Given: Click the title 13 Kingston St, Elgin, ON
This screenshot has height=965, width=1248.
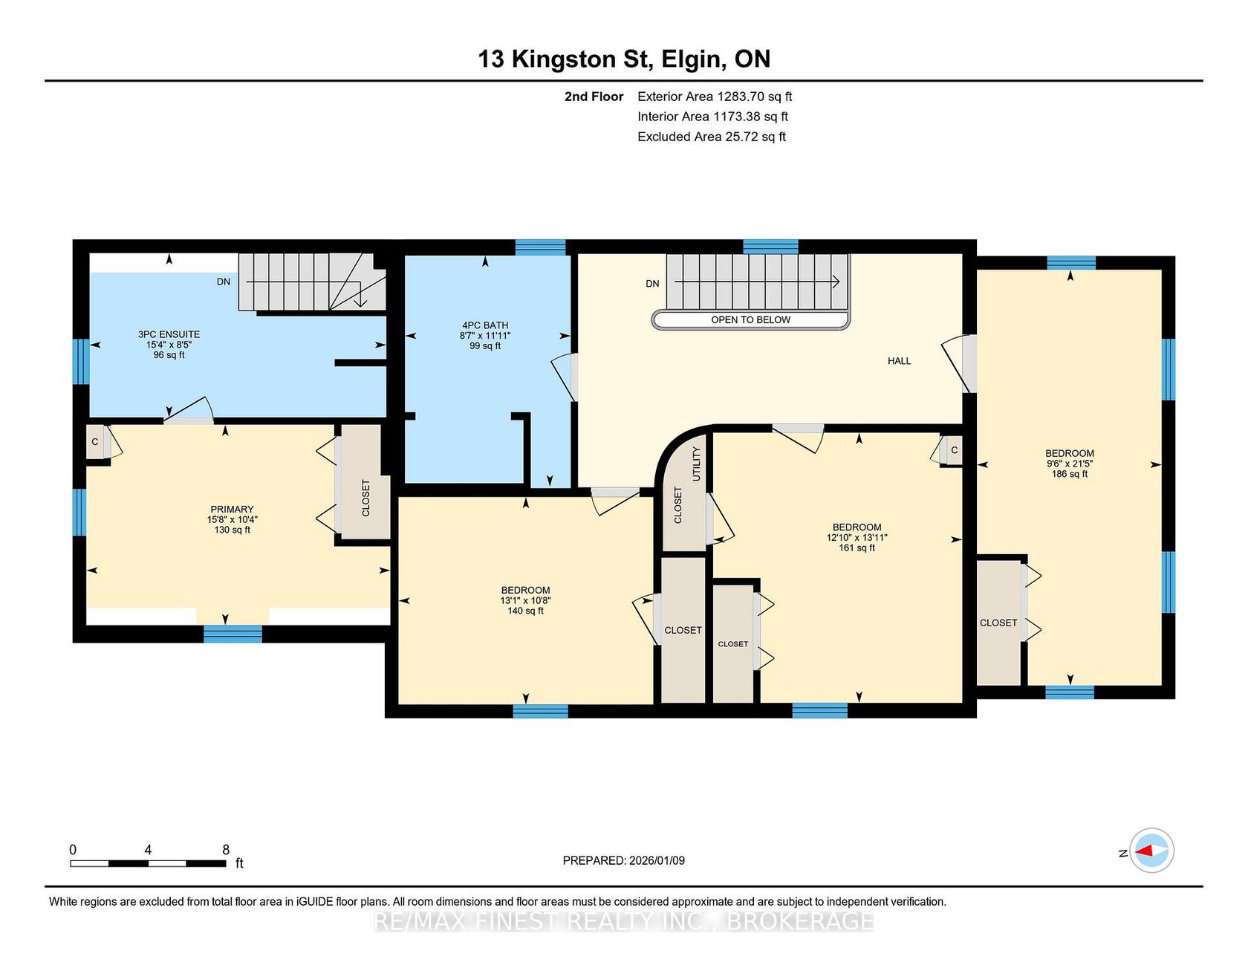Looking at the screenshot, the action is tap(624, 59).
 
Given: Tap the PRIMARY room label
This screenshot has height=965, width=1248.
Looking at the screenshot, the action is tap(232, 510).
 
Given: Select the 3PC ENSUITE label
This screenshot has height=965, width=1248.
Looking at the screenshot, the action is tap(169, 334).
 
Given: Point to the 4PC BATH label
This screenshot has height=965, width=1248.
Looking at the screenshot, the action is tap(485, 325).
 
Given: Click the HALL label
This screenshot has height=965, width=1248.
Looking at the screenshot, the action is tap(899, 361).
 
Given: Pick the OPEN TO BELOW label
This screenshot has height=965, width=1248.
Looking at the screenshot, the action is tap(750, 320).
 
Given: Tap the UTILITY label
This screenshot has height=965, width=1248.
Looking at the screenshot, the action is tap(697, 464).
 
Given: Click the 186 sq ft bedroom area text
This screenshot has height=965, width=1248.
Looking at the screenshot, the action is tap(1070, 474).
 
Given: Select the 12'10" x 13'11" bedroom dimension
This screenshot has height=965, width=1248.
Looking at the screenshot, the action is tap(857, 537).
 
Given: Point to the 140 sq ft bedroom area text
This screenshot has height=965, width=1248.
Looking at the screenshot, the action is tap(525, 611).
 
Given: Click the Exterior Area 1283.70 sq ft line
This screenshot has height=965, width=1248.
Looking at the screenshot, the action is tap(715, 97).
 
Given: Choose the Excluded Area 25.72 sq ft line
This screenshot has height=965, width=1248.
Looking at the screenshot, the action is tap(712, 137).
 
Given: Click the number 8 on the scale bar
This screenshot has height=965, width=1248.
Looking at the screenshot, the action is tap(226, 849).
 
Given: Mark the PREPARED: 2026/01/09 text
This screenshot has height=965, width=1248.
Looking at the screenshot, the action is tap(624, 860).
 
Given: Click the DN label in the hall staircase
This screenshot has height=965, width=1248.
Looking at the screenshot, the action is tap(652, 284).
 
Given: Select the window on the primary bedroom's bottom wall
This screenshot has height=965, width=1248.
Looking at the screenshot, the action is tap(233, 634).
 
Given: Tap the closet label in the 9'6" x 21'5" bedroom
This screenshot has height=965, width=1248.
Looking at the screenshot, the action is tap(998, 623).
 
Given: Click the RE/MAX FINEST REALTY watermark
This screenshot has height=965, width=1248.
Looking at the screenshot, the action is tap(624, 922).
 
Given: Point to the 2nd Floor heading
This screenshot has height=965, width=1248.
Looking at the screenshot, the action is tap(594, 97).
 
